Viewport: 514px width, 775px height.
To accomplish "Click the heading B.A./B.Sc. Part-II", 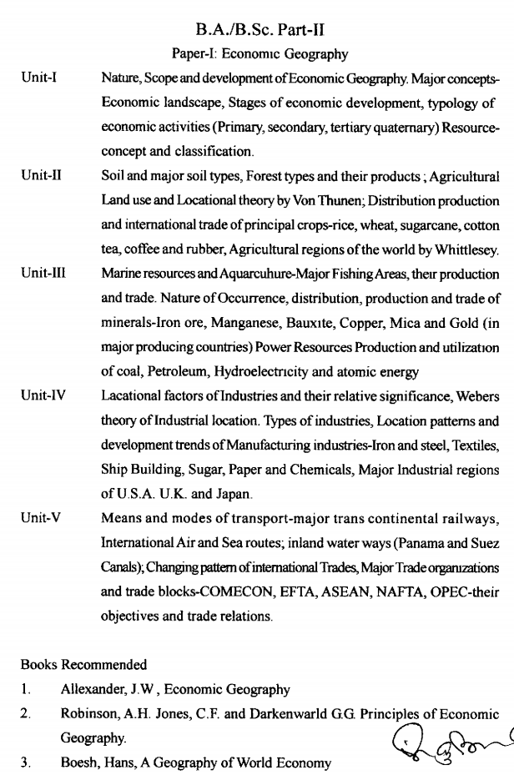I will (260, 31).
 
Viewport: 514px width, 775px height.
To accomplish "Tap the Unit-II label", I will (41, 176).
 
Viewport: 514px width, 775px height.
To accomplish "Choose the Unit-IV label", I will (43, 395).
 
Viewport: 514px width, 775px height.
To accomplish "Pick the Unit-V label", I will (40, 518).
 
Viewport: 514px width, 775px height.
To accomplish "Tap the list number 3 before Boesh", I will (26, 762).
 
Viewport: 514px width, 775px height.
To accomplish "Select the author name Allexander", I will (93, 690).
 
